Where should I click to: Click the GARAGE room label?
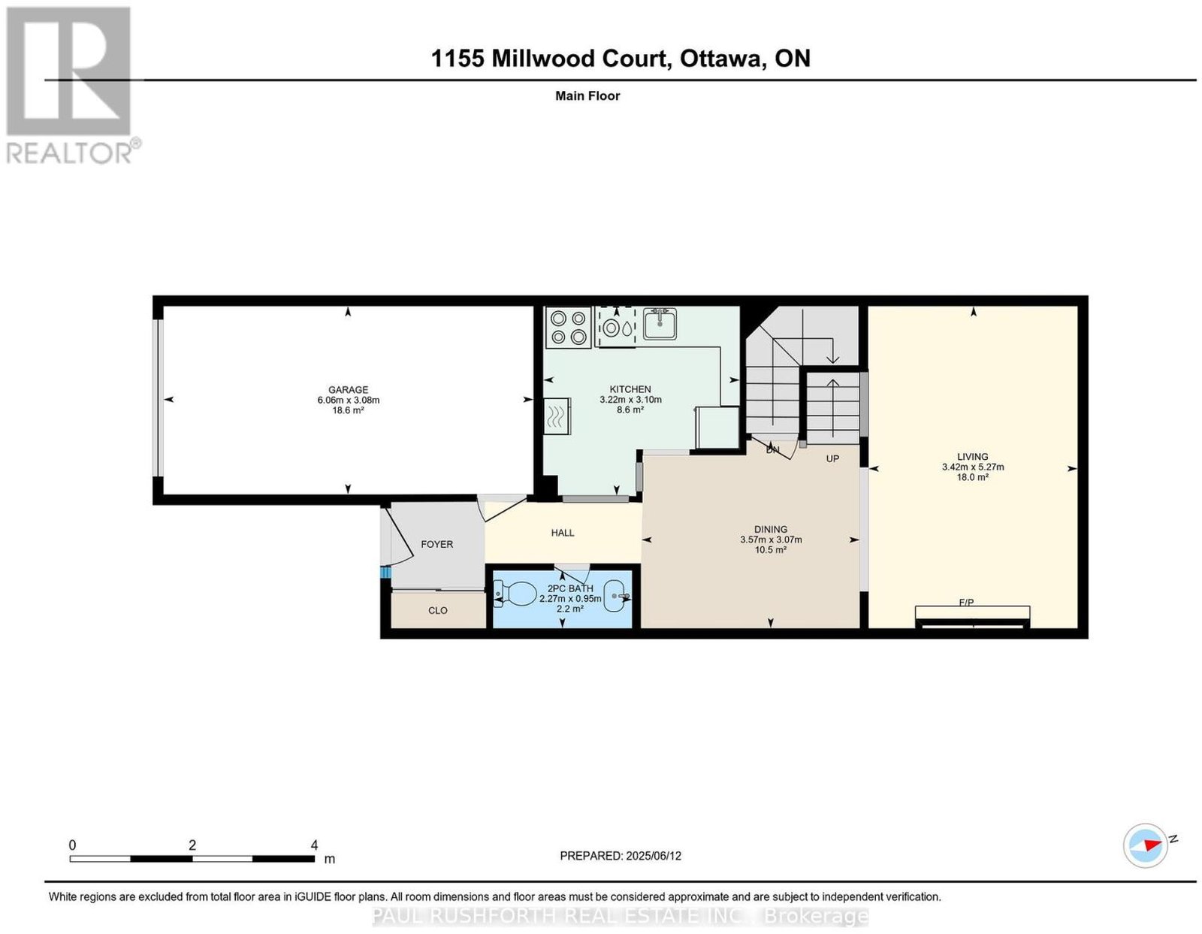348,389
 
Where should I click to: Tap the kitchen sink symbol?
660,324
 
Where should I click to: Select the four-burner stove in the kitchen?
568,327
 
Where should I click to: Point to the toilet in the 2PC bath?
515,595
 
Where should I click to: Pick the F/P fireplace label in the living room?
966,602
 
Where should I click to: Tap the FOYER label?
437,544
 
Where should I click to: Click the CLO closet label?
437,610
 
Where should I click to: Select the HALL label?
563,533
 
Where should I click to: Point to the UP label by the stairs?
832,458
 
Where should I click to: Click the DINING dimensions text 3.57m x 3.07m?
771,540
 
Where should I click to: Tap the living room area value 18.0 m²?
972,477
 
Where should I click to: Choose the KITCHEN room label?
630,389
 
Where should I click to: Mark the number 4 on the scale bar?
314,845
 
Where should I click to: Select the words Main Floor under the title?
587,95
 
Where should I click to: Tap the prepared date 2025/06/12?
654,856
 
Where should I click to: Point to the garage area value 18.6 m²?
348,410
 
